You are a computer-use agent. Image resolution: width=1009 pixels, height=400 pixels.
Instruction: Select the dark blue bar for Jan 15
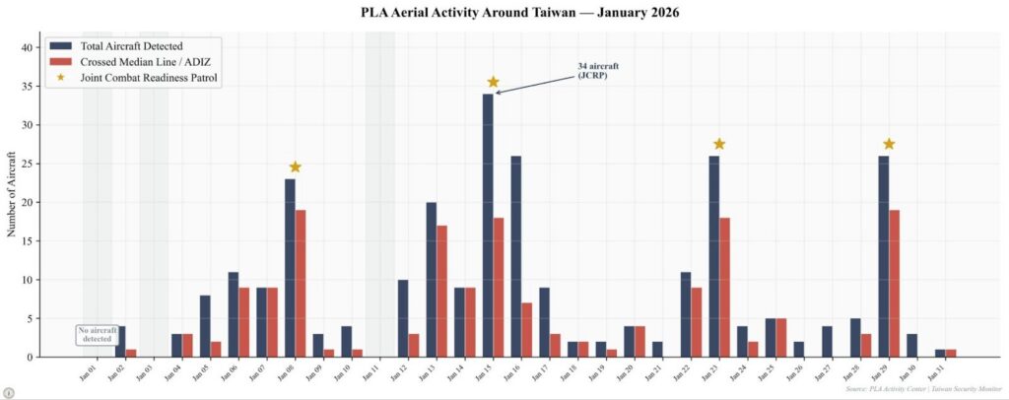pos(488,225)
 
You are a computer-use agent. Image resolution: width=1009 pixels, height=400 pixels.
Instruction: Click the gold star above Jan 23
pos(719,145)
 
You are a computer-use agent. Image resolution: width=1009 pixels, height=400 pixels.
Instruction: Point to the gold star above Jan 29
pos(889,145)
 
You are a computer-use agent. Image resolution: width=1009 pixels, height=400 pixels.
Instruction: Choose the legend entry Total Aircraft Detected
pos(133,46)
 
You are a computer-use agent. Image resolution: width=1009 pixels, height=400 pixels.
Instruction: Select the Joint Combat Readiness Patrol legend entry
pos(149,78)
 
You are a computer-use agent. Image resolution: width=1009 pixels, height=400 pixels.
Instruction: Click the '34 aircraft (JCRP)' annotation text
pos(598,71)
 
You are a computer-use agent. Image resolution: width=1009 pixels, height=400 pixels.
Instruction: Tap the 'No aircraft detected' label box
pos(98,334)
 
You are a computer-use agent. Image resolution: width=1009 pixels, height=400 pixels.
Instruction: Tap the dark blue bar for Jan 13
pos(432,280)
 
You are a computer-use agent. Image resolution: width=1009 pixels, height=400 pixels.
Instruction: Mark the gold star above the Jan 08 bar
pos(295,167)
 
